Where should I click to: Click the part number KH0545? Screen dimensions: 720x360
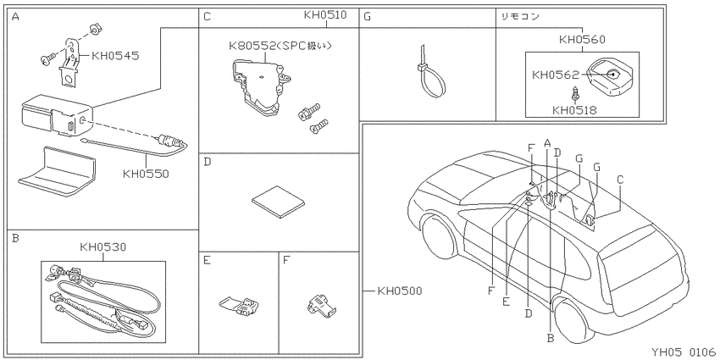point(115,56)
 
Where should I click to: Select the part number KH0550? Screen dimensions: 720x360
point(146,174)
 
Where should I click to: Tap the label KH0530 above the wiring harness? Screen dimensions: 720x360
point(102,247)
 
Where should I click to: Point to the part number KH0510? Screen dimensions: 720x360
point(325,14)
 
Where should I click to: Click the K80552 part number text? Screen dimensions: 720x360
point(252,46)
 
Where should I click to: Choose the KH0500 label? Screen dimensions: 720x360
point(399,291)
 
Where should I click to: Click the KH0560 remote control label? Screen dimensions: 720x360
point(582,40)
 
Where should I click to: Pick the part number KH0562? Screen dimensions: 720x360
point(556,75)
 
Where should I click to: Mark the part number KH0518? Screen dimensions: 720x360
point(575,110)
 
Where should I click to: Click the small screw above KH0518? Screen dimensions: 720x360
point(574,94)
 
